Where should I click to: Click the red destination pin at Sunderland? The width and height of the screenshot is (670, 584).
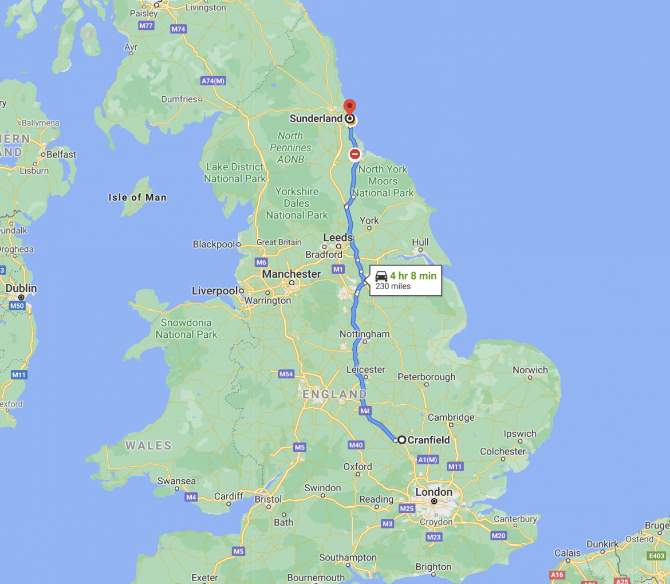pos(349,107)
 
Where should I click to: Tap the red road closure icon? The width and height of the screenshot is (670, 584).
pos(355,154)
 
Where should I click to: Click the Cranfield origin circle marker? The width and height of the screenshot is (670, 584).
pos(402,440)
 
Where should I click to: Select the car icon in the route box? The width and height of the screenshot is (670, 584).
pos(381,276)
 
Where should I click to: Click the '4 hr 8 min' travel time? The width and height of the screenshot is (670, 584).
pos(413,276)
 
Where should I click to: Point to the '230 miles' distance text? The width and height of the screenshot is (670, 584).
pos(393,286)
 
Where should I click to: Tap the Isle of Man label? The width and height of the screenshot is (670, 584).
pos(137,198)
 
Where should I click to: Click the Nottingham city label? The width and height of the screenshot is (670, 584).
pos(364,334)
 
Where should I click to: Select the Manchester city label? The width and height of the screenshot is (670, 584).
pos(291,274)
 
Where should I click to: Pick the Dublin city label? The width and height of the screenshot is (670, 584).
pos(21,288)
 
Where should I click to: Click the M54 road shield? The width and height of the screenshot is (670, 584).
pos(286,374)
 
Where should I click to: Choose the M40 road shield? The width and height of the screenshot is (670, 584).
pos(356,445)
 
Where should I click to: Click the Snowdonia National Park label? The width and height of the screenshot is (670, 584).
pos(187,329)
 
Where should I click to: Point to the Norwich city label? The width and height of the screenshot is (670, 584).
pos(530,370)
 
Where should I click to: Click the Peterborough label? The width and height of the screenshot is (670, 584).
pos(426,377)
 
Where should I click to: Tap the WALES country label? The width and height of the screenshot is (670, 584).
pos(148,445)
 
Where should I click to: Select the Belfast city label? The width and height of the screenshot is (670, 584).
pos(61,155)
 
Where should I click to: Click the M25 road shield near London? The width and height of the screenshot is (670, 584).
pos(407,508)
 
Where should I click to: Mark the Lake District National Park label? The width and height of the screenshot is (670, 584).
pos(235,172)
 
